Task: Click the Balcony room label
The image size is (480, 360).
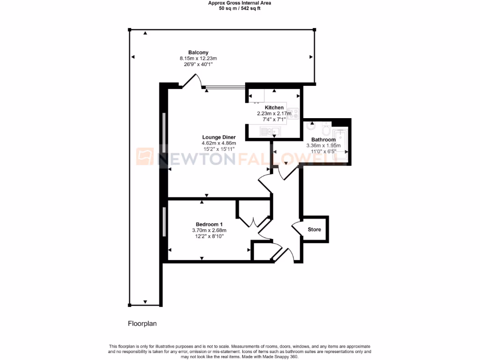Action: point(198,52)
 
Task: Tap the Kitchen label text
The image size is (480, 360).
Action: point(274,108)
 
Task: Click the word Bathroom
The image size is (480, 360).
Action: point(323,140)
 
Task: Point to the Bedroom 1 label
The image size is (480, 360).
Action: point(209,224)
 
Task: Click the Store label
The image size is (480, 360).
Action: point(314,230)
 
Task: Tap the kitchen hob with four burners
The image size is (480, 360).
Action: point(294,113)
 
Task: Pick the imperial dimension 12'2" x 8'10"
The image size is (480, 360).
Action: point(209,236)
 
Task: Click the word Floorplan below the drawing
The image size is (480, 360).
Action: point(142,323)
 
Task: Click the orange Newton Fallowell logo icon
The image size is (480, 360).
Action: point(145,157)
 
